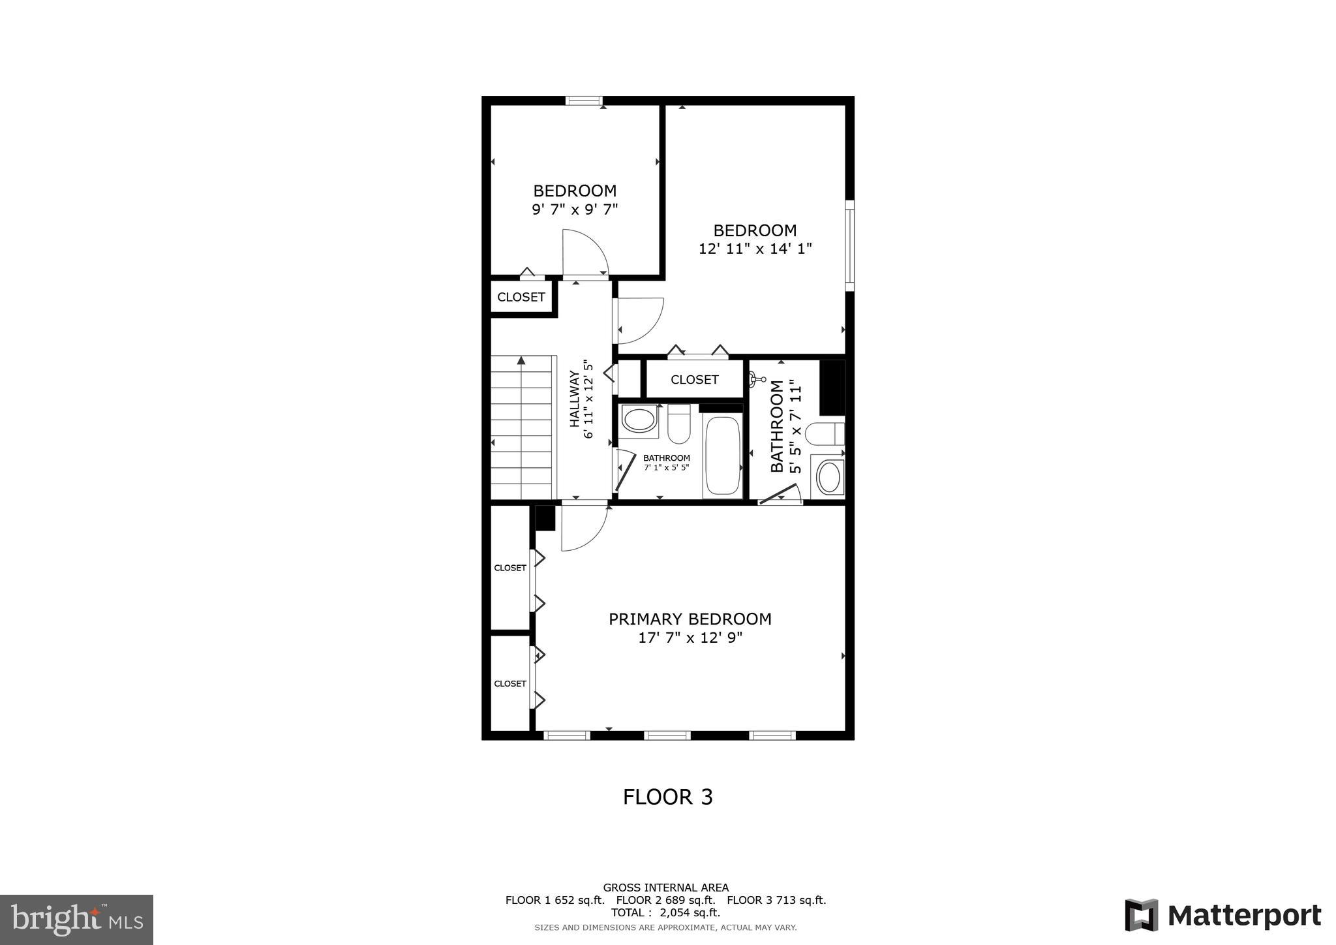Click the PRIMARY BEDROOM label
[x=690, y=619]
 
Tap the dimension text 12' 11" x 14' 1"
[x=755, y=249]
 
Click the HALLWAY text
[x=575, y=399]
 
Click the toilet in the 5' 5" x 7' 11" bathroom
[x=824, y=434]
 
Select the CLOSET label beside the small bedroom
[x=521, y=298]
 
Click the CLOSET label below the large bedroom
[x=694, y=380]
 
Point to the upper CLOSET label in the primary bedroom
[x=509, y=568]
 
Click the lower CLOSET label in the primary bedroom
[x=509, y=683]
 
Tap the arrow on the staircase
[x=521, y=360]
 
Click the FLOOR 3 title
[x=667, y=797]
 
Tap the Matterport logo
[x=1222, y=915]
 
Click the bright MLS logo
[x=76, y=920]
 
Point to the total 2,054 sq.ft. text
[x=665, y=913]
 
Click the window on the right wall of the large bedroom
[x=849, y=245]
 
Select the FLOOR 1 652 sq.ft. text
[x=554, y=900]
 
